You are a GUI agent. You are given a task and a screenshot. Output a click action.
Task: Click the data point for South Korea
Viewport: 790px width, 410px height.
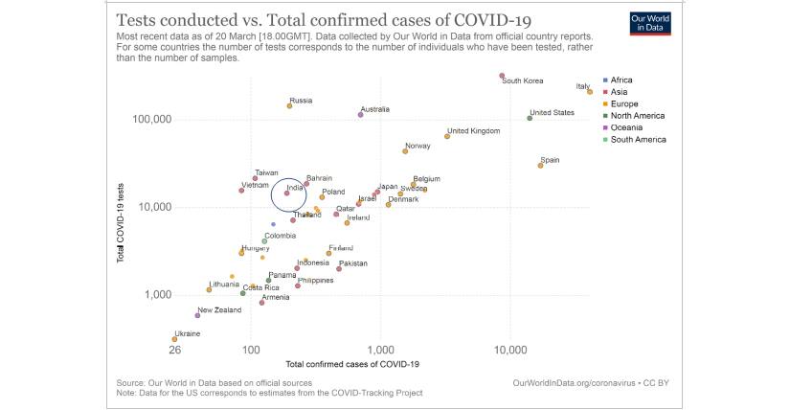pos(502,76)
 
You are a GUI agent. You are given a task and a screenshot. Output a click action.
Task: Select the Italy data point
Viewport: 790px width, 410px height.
pos(590,92)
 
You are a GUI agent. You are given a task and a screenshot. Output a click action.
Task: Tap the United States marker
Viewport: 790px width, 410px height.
pos(530,118)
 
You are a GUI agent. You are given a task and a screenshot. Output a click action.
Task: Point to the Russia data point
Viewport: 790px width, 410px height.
pos(289,105)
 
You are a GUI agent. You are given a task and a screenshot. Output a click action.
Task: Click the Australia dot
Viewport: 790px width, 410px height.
pos(360,114)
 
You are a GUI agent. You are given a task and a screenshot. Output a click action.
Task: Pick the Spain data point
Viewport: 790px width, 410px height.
pos(540,166)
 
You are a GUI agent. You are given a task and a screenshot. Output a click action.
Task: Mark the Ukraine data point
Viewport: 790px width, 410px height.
pos(174,339)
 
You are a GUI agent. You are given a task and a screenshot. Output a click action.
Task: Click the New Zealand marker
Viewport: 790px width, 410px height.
pos(197,315)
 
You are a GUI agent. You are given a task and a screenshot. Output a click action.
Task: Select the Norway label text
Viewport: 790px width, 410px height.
pos(418,146)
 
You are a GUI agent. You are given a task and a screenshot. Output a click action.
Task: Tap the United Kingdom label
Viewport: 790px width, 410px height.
pos(473,131)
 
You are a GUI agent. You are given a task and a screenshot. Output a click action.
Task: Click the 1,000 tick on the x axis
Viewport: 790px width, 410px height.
pos(380,352)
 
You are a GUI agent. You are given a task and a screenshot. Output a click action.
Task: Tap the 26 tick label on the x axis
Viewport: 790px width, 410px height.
pos(174,352)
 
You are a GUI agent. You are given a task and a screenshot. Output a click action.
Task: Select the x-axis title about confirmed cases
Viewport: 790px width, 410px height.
pos(352,365)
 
